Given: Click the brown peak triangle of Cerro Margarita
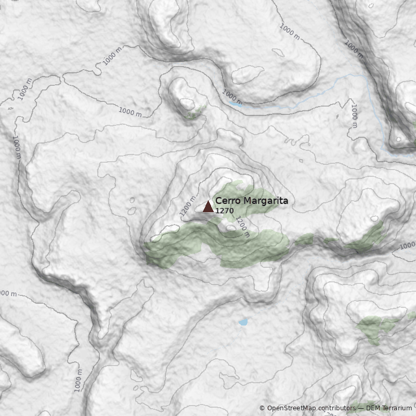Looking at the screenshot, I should tap(208, 206).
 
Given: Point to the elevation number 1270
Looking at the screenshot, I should tap(224, 211).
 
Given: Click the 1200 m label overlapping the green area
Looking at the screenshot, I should tap(242, 227).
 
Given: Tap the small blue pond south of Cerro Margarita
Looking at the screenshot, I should tap(243, 322).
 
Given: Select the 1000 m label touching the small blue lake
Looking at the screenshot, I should tap(232, 96).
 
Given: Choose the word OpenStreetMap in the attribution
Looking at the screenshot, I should tap(291, 408).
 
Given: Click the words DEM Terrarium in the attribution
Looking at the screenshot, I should tap(389, 408).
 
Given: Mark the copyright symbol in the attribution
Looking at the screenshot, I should tap(262, 408).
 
